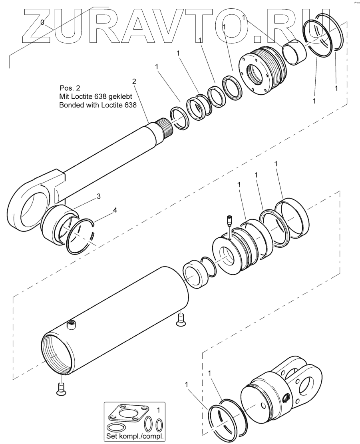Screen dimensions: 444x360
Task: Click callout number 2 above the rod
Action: point(134,81)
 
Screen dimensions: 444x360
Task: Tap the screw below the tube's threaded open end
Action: point(61,389)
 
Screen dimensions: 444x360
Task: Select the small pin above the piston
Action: point(229,220)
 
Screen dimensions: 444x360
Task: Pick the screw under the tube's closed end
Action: point(180,318)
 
